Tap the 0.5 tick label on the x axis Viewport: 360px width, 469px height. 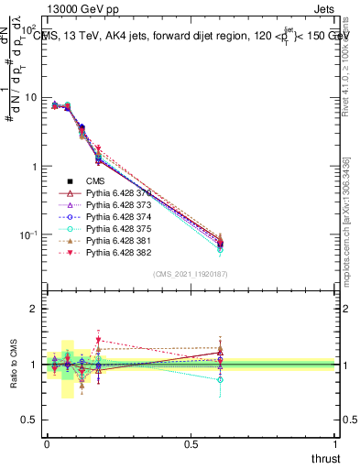191,443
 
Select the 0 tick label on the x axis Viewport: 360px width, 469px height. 47,443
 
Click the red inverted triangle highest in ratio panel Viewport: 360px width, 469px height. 98,340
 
